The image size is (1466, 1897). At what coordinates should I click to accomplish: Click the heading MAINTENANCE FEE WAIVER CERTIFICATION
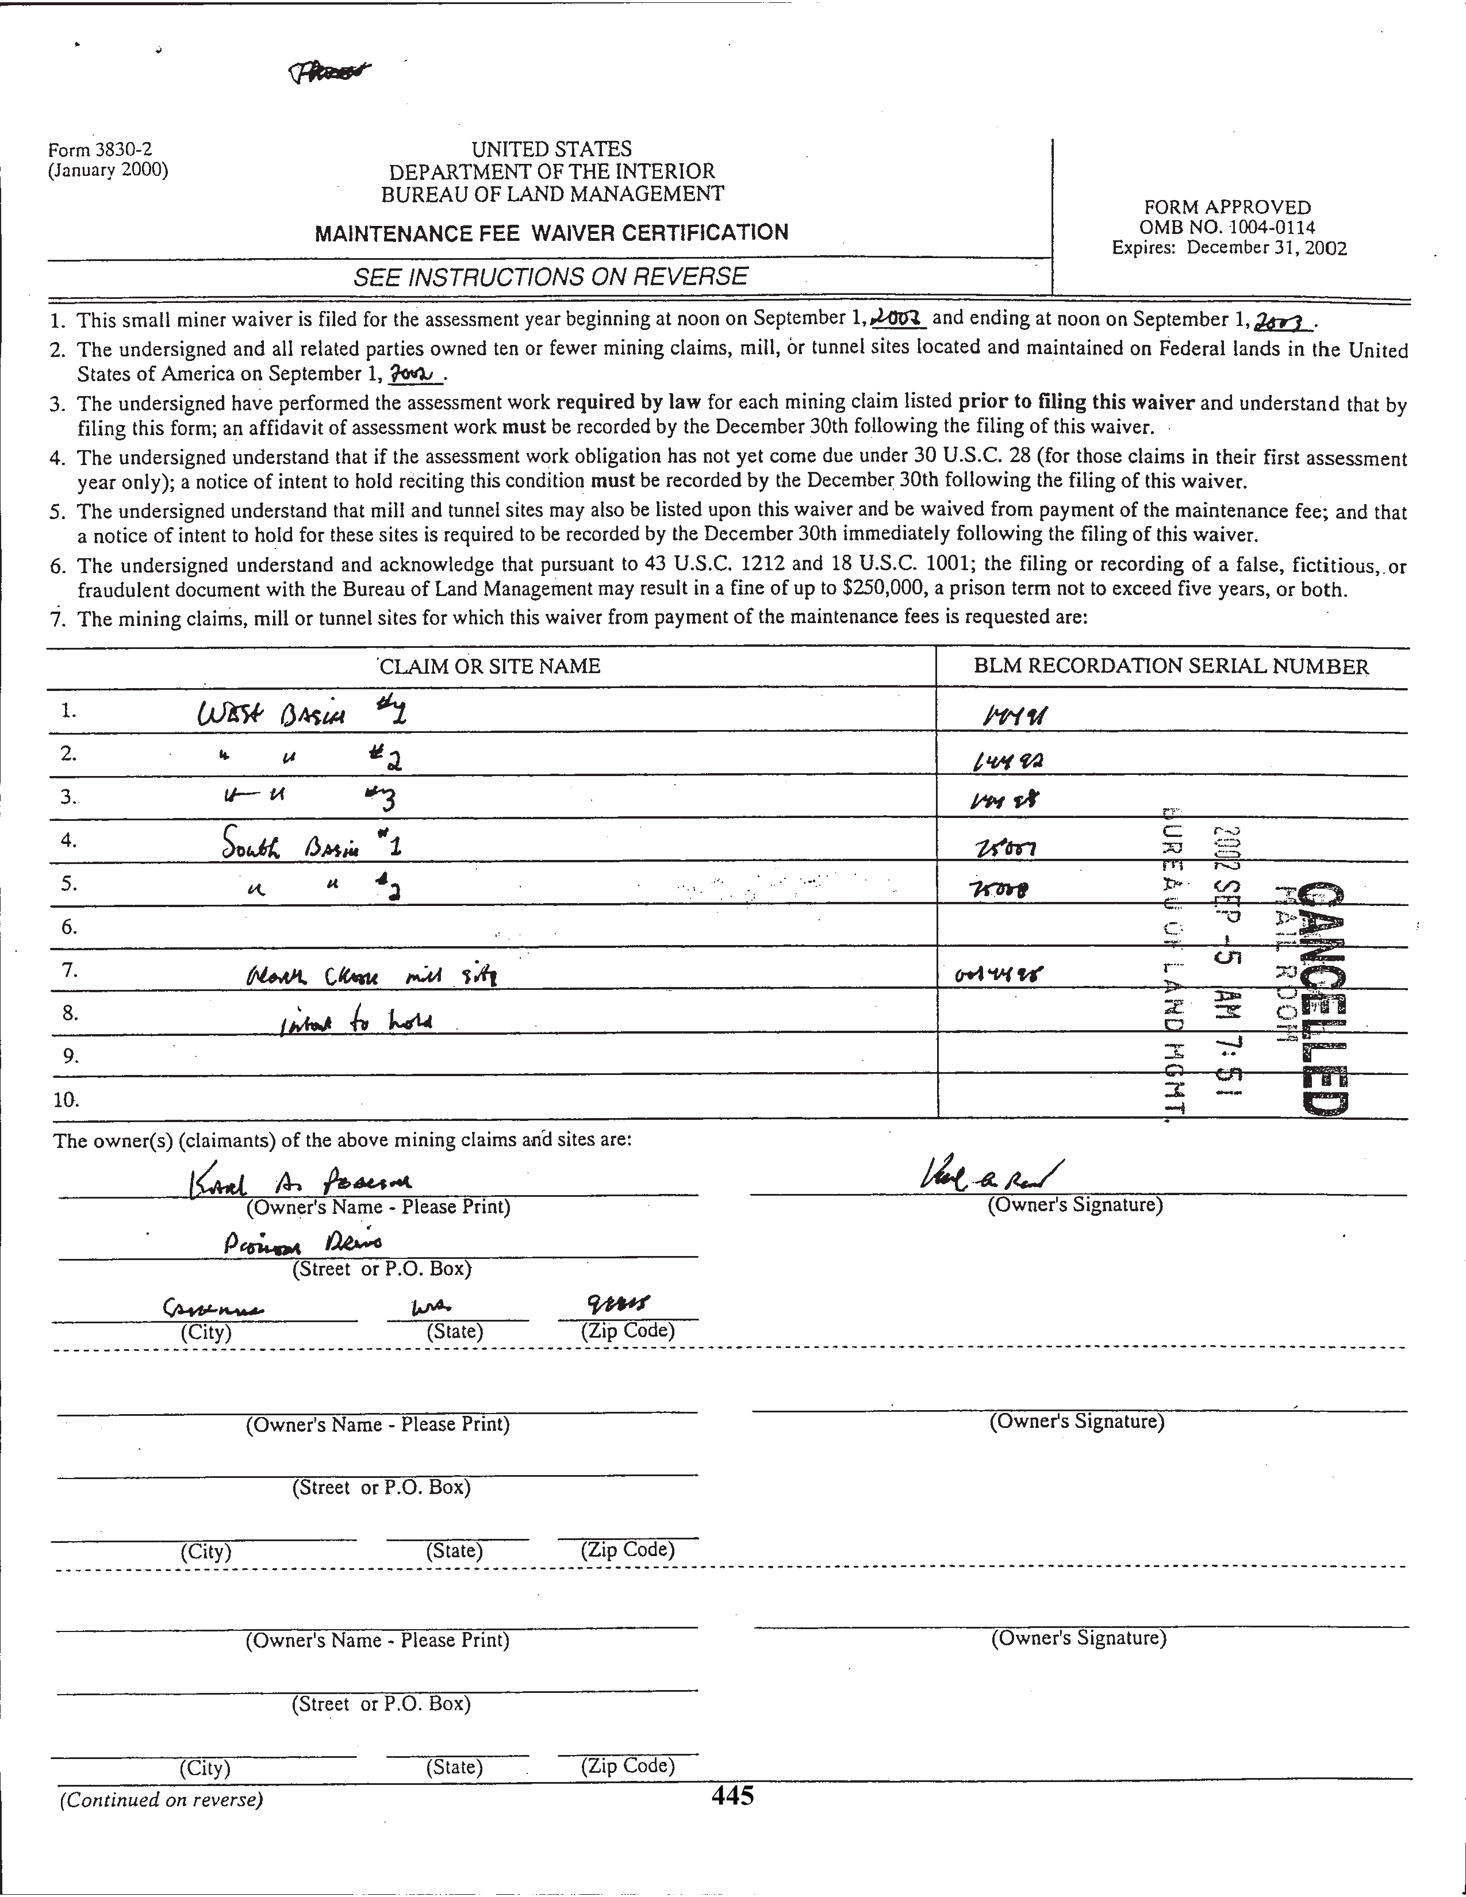tap(551, 233)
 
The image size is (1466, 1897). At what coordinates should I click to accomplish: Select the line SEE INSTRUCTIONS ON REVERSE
tap(550, 277)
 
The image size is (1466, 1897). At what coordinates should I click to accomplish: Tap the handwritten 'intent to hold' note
tap(356, 1022)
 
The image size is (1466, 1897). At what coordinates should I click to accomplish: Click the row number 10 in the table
tap(66, 1100)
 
